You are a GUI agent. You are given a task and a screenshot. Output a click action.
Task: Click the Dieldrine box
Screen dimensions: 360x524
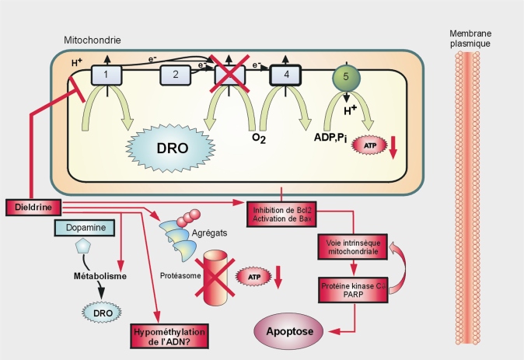(30, 208)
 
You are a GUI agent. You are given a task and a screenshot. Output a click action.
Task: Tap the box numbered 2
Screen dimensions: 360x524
(176, 75)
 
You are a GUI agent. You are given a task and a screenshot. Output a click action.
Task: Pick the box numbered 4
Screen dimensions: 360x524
(285, 76)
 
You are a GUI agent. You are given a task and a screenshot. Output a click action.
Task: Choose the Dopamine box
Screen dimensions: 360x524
(86, 227)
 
